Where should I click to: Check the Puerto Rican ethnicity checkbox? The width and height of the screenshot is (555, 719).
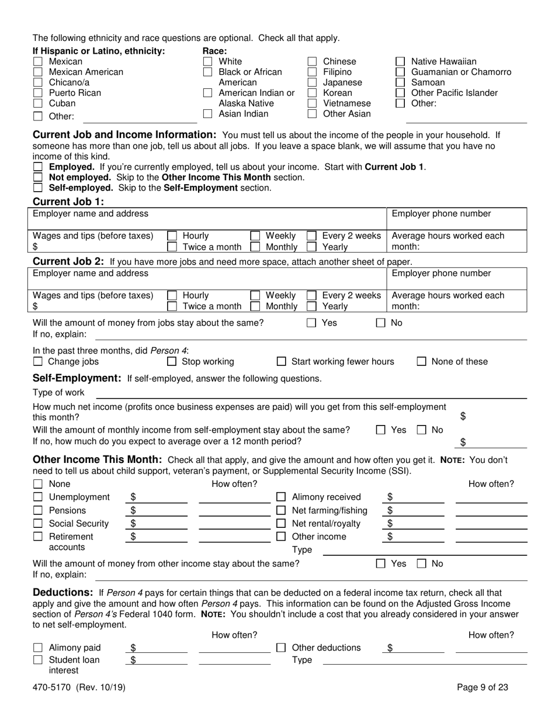coord(38,93)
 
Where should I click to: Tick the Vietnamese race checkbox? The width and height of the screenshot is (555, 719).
coord(313,103)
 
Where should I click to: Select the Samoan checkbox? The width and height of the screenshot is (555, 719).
coord(401,82)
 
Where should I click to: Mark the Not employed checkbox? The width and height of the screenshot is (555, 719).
coord(38,177)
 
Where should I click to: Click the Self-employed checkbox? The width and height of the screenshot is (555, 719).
coord(38,188)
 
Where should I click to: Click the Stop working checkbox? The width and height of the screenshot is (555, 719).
coord(172,362)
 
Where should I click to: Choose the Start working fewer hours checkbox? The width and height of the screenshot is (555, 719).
coord(281,362)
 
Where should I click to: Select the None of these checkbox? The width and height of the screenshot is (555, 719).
coord(421,362)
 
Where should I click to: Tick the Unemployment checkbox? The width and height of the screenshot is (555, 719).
coord(38,497)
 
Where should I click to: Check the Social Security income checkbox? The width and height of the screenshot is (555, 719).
coord(38,524)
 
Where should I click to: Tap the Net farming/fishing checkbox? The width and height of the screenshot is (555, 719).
coord(281,511)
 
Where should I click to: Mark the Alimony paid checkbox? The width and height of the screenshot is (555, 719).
coord(38,648)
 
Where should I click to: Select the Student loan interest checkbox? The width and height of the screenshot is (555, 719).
coord(38,660)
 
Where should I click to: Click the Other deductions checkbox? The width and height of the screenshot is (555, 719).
coord(281,648)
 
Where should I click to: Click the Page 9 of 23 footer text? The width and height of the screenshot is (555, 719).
coord(482,687)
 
